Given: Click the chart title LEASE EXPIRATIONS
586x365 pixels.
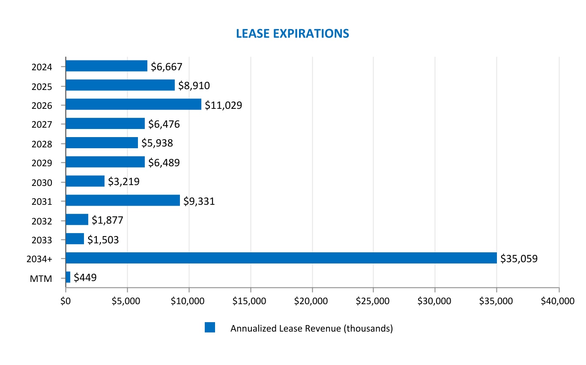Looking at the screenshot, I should [293, 33].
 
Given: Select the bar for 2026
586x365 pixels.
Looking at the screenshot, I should [133, 104].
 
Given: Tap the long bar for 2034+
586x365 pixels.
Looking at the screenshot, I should [281, 258].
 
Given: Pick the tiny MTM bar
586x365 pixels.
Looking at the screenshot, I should [68, 277].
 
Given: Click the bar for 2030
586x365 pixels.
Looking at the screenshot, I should [85, 181].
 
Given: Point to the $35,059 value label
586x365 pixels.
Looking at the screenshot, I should [519, 258].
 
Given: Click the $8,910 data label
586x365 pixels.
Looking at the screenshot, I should [194, 86].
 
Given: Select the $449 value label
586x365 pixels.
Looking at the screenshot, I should [85, 278].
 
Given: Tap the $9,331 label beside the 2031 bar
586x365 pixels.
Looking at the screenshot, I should [199, 201].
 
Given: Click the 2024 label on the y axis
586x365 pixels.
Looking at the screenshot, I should [42, 67].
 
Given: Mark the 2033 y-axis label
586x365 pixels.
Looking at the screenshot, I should [42, 240].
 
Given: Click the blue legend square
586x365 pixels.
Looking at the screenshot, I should [209, 328].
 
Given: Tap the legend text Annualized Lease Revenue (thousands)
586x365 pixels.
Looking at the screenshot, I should [311, 329].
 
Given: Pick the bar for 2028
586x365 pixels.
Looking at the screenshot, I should [102, 143].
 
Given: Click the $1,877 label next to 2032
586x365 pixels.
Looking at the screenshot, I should [107, 220].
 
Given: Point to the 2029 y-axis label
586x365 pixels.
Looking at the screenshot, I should [42, 163].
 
